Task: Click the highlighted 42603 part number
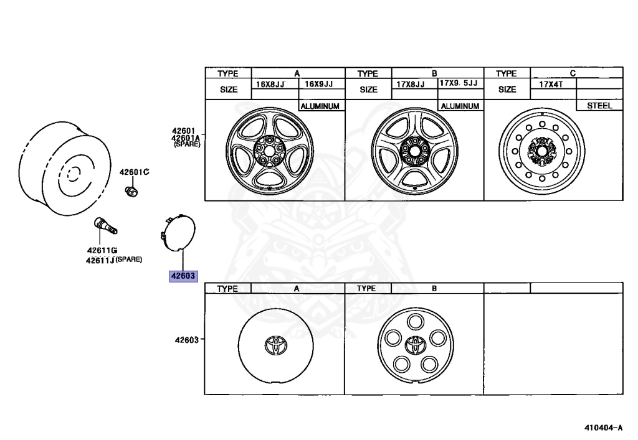pyautogui.click(x=183, y=276)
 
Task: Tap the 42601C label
pyautogui.click(x=135, y=172)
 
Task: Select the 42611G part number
pyautogui.click(x=102, y=250)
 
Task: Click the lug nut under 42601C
pyautogui.click(x=131, y=191)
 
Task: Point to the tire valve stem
pyautogui.click(x=106, y=225)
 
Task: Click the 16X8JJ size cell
pyautogui.click(x=270, y=85)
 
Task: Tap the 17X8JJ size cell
pyautogui.click(x=410, y=84)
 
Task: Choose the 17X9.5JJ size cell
pyautogui.click(x=459, y=83)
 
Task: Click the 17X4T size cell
pyautogui.click(x=551, y=84)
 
